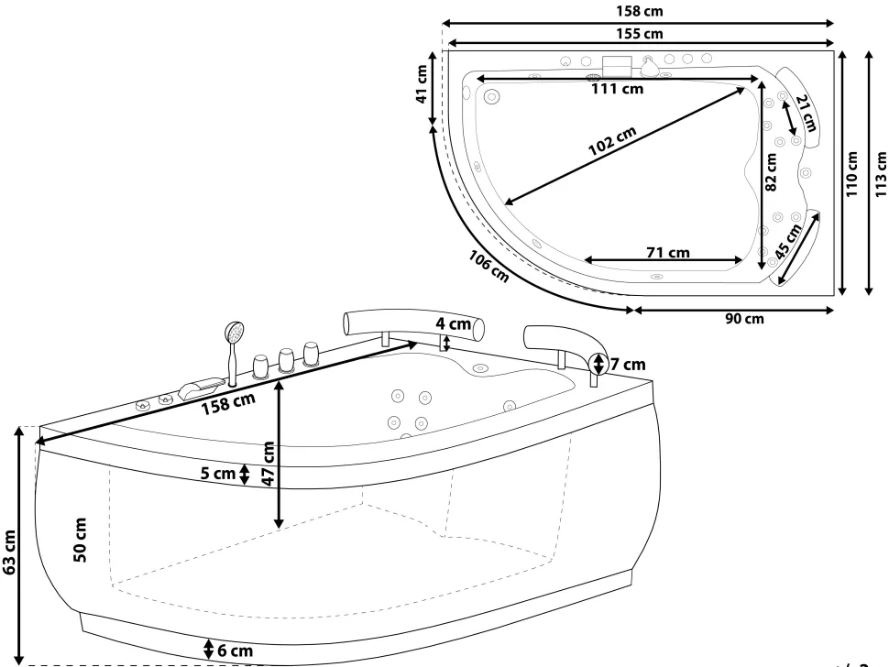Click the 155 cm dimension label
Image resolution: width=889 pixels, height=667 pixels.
pyautogui.click(x=640, y=33)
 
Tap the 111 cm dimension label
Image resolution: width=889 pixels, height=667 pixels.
pyautogui.click(x=618, y=88)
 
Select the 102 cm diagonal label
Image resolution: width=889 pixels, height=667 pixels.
pyautogui.click(x=612, y=140)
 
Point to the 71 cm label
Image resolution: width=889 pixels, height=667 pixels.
pyautogui.click(x=668, y=252)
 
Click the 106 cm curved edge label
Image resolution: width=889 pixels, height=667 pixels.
pyautogui.click(x=488, y=267)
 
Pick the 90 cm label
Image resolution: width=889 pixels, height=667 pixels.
pyautogui.click(x=744, y=319)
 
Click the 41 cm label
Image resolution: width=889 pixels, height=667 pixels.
pyautogui.click(x=422, y=84)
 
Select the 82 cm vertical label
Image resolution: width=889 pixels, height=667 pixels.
pyautogui.click(x=771, y=172)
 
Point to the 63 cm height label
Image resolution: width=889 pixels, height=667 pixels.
pyautogui.click(x=9, y=552)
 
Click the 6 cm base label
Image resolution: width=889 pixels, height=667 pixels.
pyautogui.click(x=236, y=651)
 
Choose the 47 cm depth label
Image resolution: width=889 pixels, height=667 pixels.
pyautogui.click(x=269, y=463)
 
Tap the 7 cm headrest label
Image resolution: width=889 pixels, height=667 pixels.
pyautogui.click(x=628, y=364)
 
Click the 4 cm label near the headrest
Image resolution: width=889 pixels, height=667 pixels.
pyautogui.click(x=453, y=323)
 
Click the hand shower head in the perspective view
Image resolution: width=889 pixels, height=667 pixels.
pyautogui.click(x=234, y=332)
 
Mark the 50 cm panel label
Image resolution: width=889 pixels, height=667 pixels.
pyautogui.click(x=81, y=540)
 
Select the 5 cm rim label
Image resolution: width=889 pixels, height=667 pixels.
pyautogui.click(x=218, y=473)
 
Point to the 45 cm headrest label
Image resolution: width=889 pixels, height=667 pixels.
pyautogui.click(x=789, y=241)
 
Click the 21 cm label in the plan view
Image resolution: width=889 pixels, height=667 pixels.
pyautogui.click(x=806, y=114)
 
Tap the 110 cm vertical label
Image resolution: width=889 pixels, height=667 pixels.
pyautogui.click(x=851, y=174)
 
